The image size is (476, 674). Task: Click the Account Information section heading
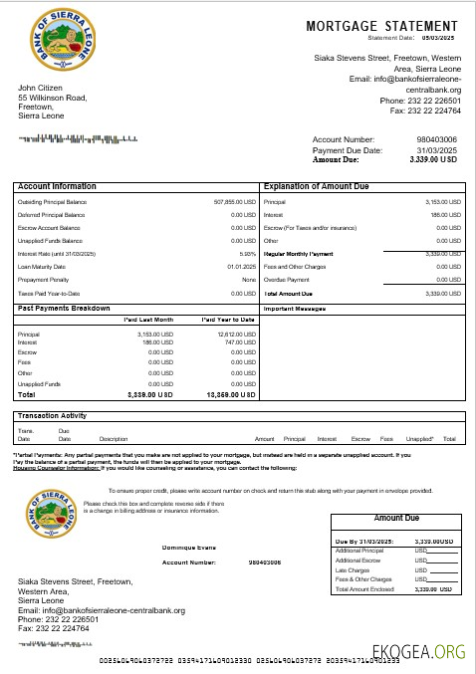57,186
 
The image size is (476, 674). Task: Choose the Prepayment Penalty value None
249,280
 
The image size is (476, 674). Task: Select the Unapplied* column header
419,438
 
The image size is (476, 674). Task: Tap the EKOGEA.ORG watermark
418,653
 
